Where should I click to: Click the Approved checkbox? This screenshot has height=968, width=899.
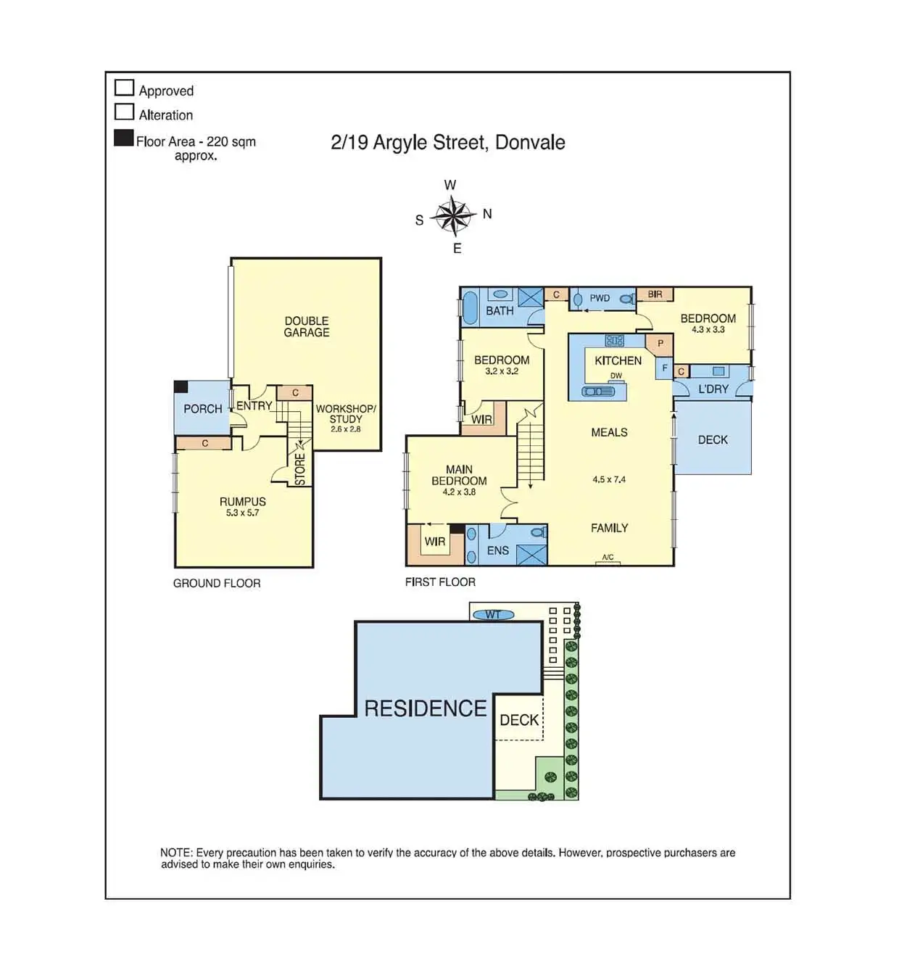pos(125,88)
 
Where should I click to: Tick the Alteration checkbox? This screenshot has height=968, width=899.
pos(125,112)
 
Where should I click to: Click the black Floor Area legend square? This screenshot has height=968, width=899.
pos(124,138)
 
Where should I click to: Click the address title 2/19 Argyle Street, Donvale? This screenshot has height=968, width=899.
pos(447,142)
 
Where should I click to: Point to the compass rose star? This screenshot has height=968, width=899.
pos(452,215)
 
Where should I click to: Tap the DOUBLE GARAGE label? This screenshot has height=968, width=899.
pos(307,326)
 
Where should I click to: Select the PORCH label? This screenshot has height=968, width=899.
pos(203,409)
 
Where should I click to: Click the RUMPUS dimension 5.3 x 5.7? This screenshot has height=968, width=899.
pos(242,513)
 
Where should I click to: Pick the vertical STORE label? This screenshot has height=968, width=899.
pos(300,469)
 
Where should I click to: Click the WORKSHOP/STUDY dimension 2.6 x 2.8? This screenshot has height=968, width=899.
pos(346,429)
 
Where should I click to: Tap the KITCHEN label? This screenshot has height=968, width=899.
pos(618,360)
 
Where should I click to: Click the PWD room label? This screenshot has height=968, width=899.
pos(600,298)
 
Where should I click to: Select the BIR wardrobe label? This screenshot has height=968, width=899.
pos(655,294)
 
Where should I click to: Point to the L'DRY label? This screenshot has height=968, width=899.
pos(713,389)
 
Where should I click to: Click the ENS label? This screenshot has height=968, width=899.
pos(498,551)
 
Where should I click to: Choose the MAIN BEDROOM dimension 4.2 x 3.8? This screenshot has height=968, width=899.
pos(459,492)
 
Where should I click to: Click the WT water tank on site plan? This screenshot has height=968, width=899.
pos(493,615)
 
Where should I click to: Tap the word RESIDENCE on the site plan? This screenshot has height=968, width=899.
pos(426,708)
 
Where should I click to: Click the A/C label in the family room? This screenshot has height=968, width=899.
pos(608,558)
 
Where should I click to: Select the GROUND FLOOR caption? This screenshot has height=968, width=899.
pos(217,583)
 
